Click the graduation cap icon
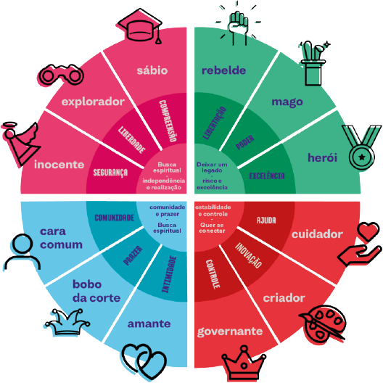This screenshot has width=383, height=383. [x=139, y=26]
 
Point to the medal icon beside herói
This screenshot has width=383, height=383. [x=362, y=147]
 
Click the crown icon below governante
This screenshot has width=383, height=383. [x=244, y=363]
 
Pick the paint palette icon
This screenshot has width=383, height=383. [x=324, y=323]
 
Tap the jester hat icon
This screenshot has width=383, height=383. [x=67, y=322]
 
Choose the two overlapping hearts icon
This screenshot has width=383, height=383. [x=144, y=361]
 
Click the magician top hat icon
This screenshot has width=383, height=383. [x=313, y=63]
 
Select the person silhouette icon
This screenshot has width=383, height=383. [x=22, y=252]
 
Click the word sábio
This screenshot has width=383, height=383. [x=152, y=70]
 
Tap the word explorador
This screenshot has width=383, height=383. [x=93, y=102]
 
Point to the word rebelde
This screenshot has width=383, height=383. [x=223, y=70]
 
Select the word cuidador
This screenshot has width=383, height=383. [x=317, y=234]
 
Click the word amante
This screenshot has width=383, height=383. [x=149, y=324]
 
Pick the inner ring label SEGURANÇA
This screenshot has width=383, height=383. [x=110, y=173]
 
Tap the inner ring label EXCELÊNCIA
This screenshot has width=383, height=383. [x=267, y=176]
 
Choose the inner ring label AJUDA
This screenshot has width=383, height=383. [x=266, y=221]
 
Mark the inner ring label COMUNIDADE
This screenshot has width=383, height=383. [x=115, y=218]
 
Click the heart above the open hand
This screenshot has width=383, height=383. [x=368, y=231]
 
